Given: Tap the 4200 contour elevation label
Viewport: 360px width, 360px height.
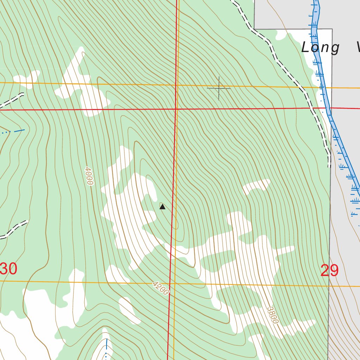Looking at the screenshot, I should [161, 288].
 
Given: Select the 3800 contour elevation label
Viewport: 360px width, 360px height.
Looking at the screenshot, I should [273, 315].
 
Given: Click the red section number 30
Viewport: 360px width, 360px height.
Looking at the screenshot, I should [8, 269].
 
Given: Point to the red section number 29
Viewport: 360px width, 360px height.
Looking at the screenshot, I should [329, 271].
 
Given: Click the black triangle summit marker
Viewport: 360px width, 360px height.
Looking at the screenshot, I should [162, 207].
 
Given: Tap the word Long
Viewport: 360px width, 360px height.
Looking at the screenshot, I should [321, 47].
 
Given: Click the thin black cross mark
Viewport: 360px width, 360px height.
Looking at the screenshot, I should [219, 88].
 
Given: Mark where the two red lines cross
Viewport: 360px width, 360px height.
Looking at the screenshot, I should [176, 109].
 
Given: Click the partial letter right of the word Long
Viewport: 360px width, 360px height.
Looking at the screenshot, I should [358, 47].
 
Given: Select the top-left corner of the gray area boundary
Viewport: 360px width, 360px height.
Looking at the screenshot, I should [254, 29].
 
